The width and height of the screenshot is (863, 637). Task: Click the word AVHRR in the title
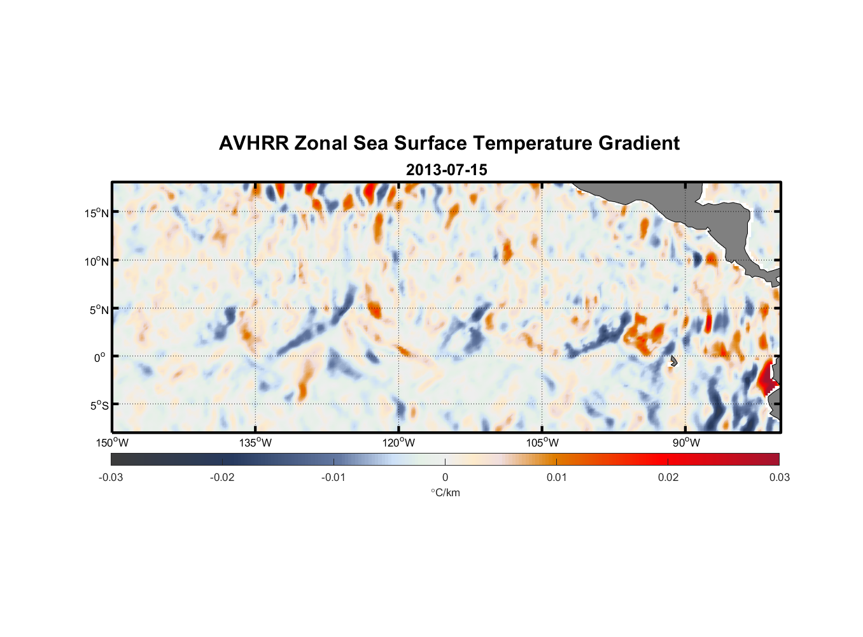point(253,143)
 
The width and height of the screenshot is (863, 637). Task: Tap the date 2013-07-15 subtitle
point(446,170)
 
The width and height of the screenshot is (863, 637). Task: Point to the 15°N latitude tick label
point(96,213)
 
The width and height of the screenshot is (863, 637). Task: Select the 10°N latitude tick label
point(96,261)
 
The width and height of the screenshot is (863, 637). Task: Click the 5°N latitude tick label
point(99,310)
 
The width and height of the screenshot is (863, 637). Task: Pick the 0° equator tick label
point(100,357)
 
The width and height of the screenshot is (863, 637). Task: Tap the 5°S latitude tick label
point(99,406)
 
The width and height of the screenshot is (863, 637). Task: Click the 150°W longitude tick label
point(112,443)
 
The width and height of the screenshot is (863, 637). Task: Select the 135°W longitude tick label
point(255,443)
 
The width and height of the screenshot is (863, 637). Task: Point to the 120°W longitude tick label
point(398,443)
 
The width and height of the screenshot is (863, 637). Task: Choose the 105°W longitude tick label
point(542,443)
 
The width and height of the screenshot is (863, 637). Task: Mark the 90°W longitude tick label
point(685,443)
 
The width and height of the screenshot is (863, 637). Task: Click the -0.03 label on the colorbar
point(111,477)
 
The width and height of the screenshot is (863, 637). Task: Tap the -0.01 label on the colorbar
point(333,477)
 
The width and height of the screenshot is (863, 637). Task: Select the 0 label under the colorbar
point(445,477)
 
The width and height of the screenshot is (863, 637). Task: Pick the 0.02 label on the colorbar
point(668,477)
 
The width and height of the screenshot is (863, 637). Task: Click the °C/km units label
point(445,492)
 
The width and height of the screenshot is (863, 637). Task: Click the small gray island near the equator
point(673,361)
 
